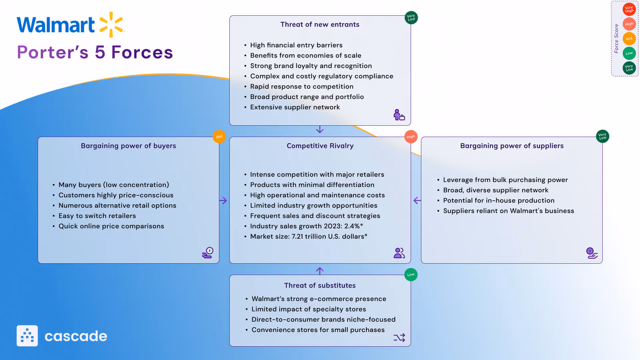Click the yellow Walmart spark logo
[x=111, y=24]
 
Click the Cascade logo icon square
[x=27, y=336]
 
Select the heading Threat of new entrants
[x=320, y=24]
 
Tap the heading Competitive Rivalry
[x=320, y=146]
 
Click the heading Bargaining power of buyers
[x=128, y=146]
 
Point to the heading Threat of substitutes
[x=320, y=285]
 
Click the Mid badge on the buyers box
[x=219, y=137]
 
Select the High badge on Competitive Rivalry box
[x=411, y=137]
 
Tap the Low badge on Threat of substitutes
[x=411, y=275]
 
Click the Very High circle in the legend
[x=629, y=9]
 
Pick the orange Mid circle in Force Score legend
[x=629, y=39]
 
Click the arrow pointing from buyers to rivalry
[x=223, y=200]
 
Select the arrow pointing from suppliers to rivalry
[x=417, y=200]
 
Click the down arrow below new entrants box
[x=320, y=129]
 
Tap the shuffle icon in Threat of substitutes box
[x=399, y=338]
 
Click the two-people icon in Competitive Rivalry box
[x=399, y=253]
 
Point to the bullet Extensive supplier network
[x=295, y=107]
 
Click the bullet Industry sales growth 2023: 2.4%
[x=306, y=226]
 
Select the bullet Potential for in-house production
[x=498, y=200]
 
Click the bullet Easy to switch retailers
[x=97, y=216]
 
